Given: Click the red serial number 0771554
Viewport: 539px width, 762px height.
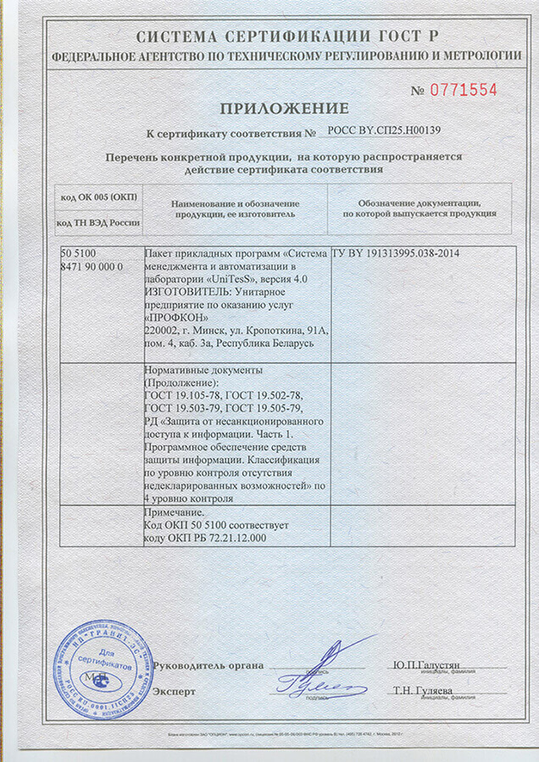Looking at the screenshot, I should tap(466, 90).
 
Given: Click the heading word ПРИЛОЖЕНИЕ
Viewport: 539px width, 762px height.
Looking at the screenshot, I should tap(285, 108).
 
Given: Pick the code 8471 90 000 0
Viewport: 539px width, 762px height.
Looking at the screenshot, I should tap(92, 266).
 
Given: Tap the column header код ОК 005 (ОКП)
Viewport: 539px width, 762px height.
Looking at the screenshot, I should tap(99, 196).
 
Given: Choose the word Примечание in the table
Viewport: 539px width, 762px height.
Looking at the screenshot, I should tap(175, 512).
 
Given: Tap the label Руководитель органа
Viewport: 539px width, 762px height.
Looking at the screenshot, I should tap(197, 665).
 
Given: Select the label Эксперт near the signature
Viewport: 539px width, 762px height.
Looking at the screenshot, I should tap(174, 691).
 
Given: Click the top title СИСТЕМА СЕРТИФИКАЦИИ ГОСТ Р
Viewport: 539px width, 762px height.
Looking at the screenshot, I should tap(284, 36).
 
